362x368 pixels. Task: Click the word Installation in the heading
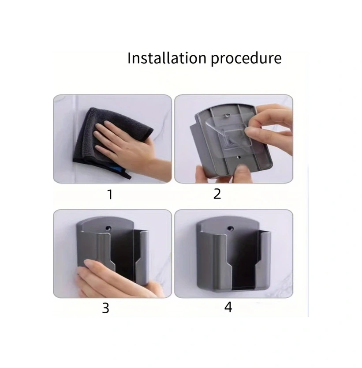pos(167,58)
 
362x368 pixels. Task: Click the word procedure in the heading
pos(246,59)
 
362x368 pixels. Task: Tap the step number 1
pos(110,195)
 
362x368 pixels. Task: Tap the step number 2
pos(217,194)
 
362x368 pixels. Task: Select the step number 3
pos(105,308)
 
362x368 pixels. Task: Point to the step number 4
pos(228,307)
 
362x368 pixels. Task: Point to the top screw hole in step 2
pos(228,115)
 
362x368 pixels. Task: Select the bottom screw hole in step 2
pos(239,157)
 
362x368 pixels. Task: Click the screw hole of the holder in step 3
pos(108,228)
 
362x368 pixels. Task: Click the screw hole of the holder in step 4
pos(230,228)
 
